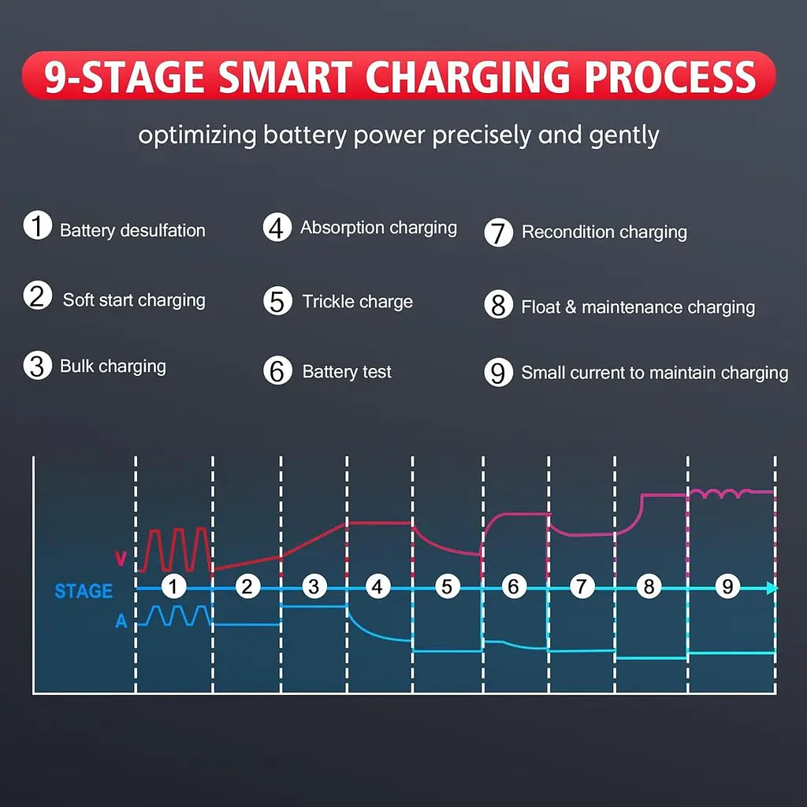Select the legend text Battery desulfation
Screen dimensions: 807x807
132,231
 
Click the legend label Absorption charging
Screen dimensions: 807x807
379,228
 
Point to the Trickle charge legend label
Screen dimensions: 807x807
358,302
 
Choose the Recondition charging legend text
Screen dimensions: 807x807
604,232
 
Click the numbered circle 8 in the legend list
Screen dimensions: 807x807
498,305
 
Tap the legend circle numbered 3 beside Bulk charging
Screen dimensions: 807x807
38,366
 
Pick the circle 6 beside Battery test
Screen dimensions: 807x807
277,370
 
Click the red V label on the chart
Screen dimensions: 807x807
121,559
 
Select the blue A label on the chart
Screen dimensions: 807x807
121,621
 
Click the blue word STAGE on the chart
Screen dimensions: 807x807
84,591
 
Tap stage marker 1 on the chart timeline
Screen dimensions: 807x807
173,586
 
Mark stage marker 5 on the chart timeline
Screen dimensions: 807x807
447,586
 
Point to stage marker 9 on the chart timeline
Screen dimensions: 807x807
727,586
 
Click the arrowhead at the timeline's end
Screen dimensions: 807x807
772,588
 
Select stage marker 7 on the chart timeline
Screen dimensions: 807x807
582,586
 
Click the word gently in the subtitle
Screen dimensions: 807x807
624,136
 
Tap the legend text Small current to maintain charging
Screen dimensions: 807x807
655,373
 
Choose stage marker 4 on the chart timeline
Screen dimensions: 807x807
377,586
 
